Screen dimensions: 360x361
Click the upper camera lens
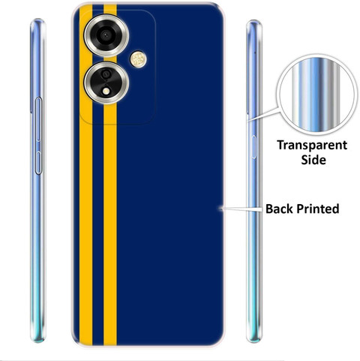point(106,35)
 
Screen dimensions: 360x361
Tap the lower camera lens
point(106,83)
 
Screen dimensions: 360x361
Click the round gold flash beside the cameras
point(138,59)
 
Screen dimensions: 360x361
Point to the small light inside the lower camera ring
point(106,91)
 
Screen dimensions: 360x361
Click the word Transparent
point(312,146)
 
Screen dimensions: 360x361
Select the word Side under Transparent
point(313,159)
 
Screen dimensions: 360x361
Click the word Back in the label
point(280,209)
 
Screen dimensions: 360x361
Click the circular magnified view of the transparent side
point(316,95)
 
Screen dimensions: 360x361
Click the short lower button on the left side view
point(38,163)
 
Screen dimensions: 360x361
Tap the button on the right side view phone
point(254,147)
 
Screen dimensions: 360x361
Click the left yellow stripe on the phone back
point(85,175)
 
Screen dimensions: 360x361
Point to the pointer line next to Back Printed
point(241,209)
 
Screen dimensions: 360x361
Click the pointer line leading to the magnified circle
point(263,115)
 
